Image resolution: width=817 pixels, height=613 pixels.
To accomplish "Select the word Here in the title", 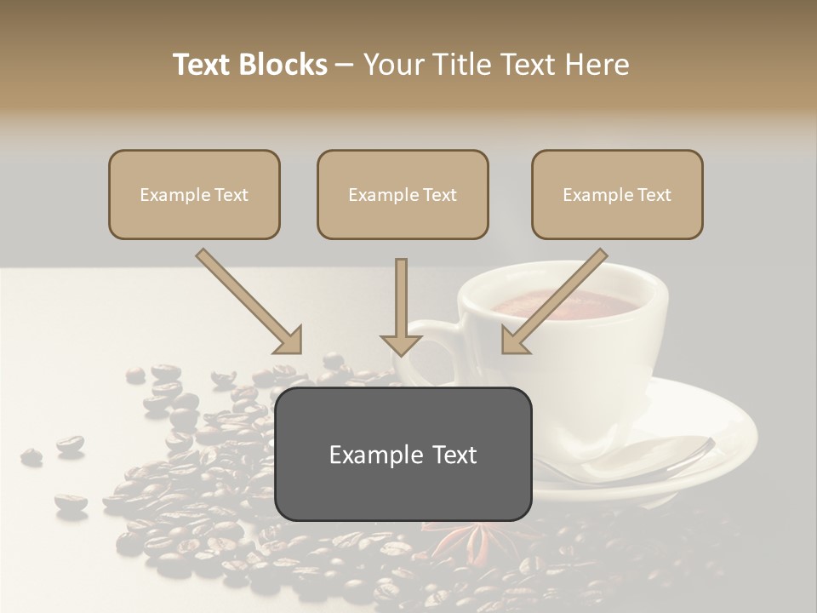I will [x=598, y=65].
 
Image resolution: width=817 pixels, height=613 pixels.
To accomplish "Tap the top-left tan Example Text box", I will [x=194, y=195].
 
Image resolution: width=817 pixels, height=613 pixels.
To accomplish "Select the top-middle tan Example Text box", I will [x=403, y=195].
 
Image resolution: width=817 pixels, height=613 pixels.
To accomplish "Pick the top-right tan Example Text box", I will [x=617, y=195].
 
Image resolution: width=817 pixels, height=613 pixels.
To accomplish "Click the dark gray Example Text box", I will [x=403, y=455].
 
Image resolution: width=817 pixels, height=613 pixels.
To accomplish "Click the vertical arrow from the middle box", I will [x=401, y=306].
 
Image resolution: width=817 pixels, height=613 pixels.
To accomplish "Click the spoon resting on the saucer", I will [x=647, y=460].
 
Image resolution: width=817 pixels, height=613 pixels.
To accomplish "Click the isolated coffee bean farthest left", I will [x=31, y=456].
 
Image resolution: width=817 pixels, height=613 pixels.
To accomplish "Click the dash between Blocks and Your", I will [x=345, y=65].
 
